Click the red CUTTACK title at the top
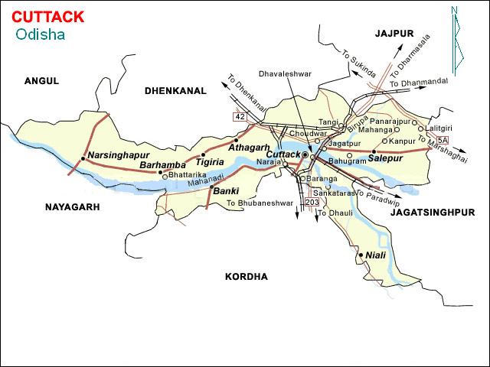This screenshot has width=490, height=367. tap(48, 16)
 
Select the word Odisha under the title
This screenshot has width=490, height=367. tap(40, 34)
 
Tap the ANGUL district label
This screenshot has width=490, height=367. tap(41, 80)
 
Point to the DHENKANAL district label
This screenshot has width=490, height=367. tap(175, 90)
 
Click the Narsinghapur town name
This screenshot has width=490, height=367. tap(117, 155)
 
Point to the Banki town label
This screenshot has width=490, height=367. tap(227, 190)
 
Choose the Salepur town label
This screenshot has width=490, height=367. tap(385, 158)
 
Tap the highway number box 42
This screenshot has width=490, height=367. tap(240, 115)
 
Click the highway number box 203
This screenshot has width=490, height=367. tap(311, 202)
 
